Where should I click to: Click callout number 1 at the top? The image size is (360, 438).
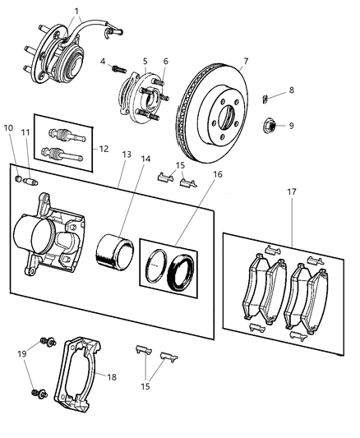pos(76,11)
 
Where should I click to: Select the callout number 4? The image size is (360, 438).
pos(104,61)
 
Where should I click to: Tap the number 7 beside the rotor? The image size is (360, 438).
pos(245,62)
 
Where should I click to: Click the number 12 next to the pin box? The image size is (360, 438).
pos(102,149)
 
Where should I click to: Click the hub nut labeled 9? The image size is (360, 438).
pos(269,127)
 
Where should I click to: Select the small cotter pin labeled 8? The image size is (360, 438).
pos(264,99)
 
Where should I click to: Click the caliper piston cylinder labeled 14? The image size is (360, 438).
pos(114,250)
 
